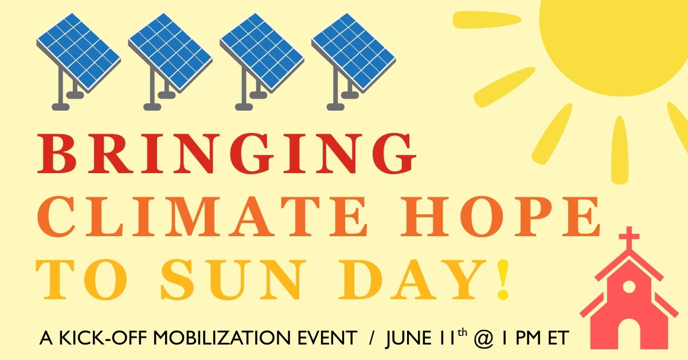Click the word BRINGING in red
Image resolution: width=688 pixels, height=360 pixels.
226,154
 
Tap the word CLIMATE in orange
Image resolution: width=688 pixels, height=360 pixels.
202,217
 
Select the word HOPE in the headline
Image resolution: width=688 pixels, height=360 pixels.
501,217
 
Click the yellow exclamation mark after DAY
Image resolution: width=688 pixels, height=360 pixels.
503,279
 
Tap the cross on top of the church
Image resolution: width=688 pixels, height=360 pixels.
629,238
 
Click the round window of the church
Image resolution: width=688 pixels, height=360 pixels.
629,287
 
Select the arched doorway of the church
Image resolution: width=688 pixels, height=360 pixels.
630,334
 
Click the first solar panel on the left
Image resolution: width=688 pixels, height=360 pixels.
79,61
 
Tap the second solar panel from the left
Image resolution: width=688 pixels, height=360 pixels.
170,61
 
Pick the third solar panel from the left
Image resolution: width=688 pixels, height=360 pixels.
261,61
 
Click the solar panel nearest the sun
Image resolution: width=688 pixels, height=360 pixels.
353,61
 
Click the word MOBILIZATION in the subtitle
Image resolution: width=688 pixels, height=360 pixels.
221,338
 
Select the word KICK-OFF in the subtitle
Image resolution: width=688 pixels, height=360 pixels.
104,338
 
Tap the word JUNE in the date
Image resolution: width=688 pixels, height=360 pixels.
408,338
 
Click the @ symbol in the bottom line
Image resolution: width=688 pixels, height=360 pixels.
483,339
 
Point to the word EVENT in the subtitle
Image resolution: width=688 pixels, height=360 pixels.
327,338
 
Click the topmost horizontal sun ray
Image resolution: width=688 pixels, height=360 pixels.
487,19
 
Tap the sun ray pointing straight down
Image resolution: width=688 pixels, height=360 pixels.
620,150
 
